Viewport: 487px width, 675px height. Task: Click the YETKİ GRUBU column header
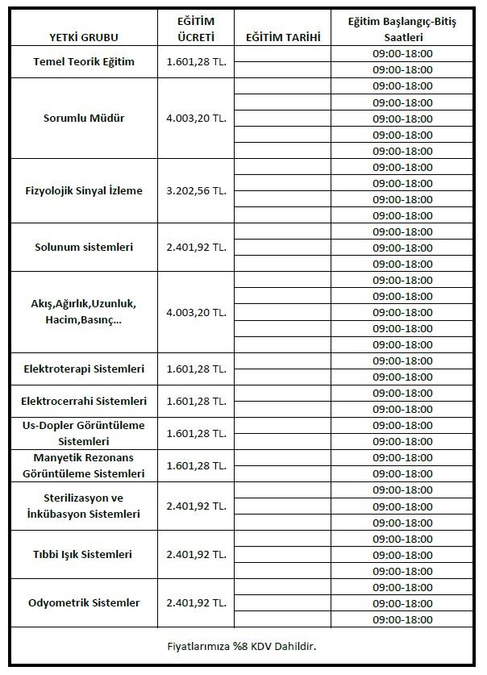click(x=83, y=38)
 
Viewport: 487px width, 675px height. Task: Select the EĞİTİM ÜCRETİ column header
click(x=196, y=29)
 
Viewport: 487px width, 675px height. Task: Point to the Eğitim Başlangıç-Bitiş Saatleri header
click(x=402, y=29)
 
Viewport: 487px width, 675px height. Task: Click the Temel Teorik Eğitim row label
click(x=84, y=62)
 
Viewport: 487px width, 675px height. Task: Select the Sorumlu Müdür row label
click(x=84, y=119)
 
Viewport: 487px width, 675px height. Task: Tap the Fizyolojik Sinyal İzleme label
click(x=84, y=191)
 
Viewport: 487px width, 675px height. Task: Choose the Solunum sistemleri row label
click(x=84, y=248)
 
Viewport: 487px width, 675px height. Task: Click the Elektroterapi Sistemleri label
click(x=84, y=369)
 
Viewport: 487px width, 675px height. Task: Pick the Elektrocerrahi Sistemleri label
click(x=84, y=401)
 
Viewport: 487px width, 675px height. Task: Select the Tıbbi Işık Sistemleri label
click(x=84, y=554)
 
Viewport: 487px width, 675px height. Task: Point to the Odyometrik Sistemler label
click(x=84, y=602)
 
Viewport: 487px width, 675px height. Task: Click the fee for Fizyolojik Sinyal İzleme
click(x=196, y=191)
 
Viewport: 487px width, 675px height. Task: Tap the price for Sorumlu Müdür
click(x=196, y=119)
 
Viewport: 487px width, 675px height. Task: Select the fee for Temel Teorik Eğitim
click(x=196, y=62)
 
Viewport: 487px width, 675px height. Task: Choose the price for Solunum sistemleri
click(x=196, y=248)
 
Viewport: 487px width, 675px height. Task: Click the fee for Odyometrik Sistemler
click(x=196, y=602)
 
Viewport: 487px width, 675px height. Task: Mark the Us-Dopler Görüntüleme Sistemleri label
click(x=84, y=433)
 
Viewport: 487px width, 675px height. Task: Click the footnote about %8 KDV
click(x=242, y=646)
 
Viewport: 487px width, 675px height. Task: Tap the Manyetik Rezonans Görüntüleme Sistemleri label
click(x=84, y=465)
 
